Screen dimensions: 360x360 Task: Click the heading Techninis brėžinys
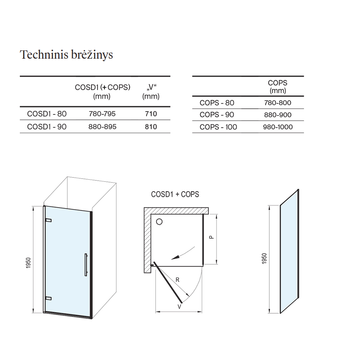point(66,55)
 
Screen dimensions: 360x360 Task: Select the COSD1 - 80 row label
point(47,114)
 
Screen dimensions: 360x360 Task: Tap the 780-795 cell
point(102,114)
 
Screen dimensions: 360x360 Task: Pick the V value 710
point(151,114)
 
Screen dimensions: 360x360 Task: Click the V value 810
point(151,127)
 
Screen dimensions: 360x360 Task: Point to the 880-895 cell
point(102,127)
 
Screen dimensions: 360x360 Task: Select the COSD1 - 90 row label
point(47,127)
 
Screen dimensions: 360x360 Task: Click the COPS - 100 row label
point(218,127)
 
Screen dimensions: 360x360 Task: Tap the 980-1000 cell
point(278,127)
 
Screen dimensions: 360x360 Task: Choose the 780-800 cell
point(278,103)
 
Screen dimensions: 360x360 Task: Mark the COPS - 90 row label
point(217,115)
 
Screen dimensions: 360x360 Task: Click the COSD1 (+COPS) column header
point(102,91)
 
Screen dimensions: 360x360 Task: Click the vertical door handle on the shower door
point(86,265)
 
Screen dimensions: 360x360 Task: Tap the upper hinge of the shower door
point(49,220)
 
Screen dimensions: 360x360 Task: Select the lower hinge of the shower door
point(49,298)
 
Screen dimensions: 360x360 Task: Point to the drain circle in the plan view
point(159,222)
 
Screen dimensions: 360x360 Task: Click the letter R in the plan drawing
point(177,280)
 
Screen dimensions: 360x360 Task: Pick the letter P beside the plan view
point(211,237)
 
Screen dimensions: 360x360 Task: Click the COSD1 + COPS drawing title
point(175,194)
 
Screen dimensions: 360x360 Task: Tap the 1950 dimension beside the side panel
point(264,258)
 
